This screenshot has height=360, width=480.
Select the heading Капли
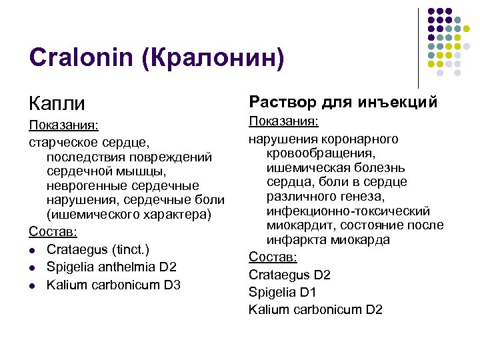point(57,103)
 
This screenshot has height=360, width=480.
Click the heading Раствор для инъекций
point(343,102)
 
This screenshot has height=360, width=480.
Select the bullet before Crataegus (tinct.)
point(33,250)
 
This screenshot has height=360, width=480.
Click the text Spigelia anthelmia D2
point(111,267)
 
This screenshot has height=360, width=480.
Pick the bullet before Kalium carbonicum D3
point(33,285)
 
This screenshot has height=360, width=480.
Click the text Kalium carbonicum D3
point(113,285)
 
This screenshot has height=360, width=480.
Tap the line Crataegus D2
point(289,275)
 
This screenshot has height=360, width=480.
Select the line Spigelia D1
point(282,292)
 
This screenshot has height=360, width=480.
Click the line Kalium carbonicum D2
point(315,309)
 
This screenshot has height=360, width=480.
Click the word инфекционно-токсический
point(348,211)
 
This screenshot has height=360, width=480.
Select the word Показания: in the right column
point(283,122)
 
